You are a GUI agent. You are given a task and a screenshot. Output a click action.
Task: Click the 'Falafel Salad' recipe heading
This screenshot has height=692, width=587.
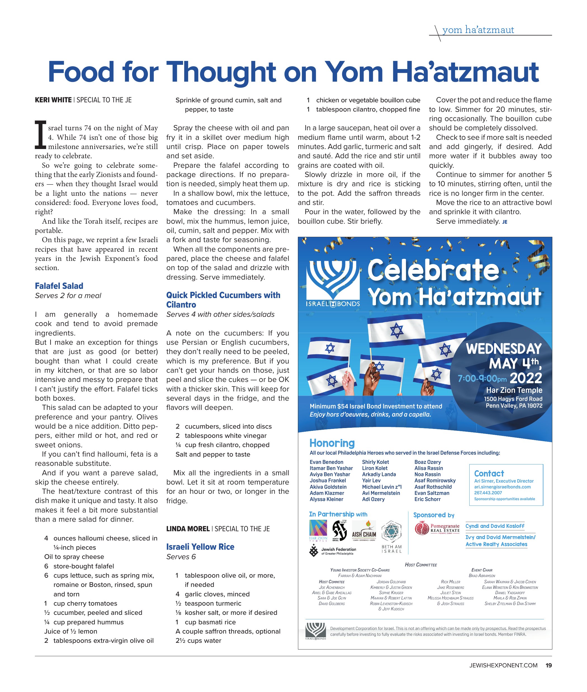click(59, 286)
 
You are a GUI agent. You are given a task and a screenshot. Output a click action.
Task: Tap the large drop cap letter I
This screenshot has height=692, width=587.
click(40, 135)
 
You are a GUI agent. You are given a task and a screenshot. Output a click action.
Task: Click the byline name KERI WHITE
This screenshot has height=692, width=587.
click(53, 100)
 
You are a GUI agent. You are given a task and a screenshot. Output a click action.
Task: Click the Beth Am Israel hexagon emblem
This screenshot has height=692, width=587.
click(391, 532)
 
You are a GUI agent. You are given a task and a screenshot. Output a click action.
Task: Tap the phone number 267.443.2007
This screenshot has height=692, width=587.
click(488, 493)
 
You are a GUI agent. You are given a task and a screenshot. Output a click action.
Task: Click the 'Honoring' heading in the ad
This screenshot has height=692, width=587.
click(332, 443)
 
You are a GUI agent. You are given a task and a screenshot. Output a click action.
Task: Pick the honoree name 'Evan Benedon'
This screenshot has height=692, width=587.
click(326, 462)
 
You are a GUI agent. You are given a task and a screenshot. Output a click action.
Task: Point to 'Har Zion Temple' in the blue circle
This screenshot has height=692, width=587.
click(514, 390)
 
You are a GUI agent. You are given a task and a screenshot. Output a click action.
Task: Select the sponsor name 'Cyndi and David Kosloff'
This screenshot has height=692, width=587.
click(494, 526)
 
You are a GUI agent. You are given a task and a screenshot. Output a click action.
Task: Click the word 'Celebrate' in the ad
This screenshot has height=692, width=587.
click(433, 270)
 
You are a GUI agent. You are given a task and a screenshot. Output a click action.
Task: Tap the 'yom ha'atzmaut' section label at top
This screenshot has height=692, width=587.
click(478, 30)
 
